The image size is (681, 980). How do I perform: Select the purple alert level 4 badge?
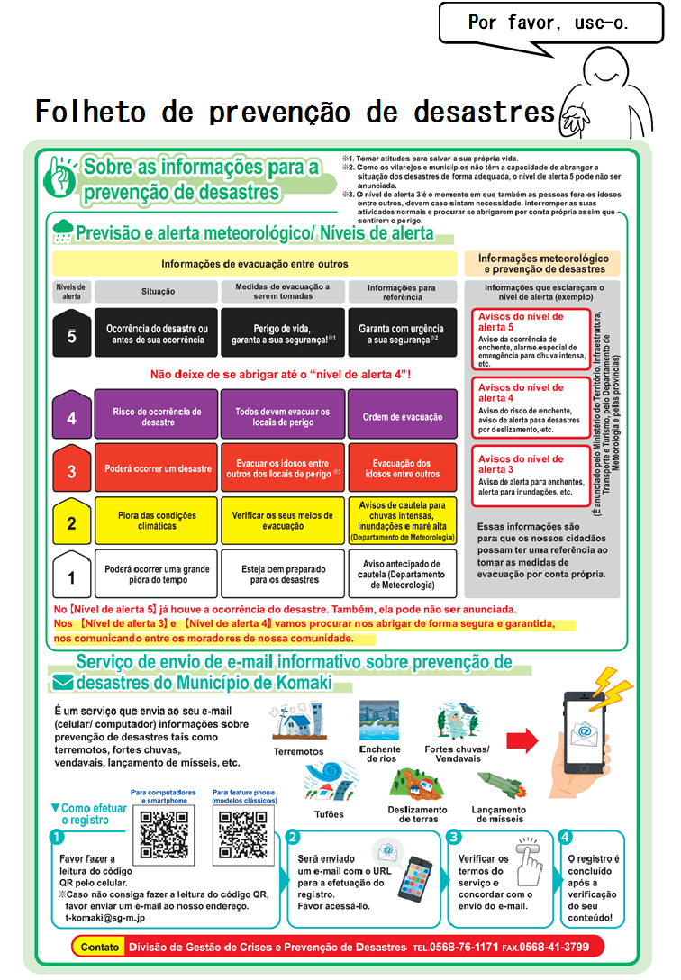(x=71, y=418)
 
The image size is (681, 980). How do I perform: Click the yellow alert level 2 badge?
(x=71, y=522)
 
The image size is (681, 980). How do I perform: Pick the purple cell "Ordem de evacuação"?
(x=403, y=417)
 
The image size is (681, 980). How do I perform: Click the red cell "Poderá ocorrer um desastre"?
(x=158, y=469)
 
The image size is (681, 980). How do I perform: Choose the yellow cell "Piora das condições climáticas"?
(x=158, y=521)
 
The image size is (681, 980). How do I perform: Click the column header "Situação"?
(x=158, y=292)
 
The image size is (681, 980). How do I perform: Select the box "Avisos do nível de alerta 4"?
(x=530, y=407)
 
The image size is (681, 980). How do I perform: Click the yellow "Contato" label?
(x=99, y=948)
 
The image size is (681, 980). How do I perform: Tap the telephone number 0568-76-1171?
(x=468, y=948)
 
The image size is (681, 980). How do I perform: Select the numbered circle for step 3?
(x=454, y=837)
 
